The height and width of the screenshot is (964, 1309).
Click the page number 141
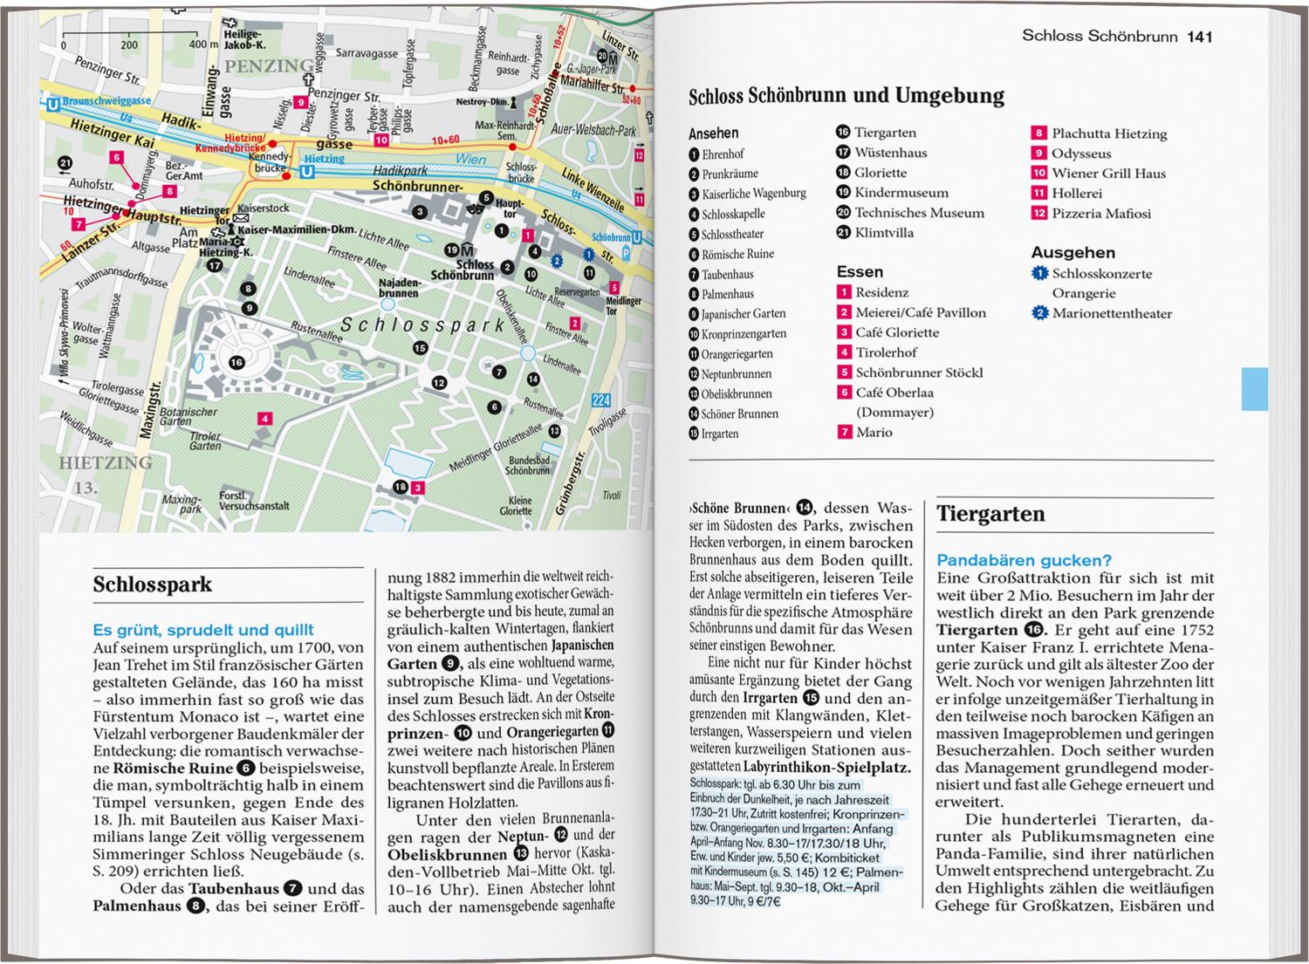tap(1199, 37)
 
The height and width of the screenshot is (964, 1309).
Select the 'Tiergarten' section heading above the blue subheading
tap(990, 514)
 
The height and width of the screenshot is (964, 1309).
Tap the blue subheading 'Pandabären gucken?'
tap(1024, 560)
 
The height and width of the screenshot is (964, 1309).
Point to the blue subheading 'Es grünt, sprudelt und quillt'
tap(202, 630)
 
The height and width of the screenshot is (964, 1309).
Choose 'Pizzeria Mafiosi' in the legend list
tap(1100, 214)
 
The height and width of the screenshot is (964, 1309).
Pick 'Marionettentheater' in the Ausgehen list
tap(1112, 314)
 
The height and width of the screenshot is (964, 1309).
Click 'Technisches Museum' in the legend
tap(919, 213)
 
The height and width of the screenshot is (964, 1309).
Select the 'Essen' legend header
tap(860, 272)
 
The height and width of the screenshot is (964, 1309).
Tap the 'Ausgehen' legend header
tap(1073, 253)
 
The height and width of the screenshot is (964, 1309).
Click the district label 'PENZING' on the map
tap(269, 66)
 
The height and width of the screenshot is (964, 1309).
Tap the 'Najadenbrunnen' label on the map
tap(399, 289)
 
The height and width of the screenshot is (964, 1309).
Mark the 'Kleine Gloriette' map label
tap(520, 506)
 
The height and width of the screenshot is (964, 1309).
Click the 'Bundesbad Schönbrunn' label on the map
tap(529, 465)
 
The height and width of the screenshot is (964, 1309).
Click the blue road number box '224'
tap(600, 400)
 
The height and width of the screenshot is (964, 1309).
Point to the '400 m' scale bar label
tap(202, 44)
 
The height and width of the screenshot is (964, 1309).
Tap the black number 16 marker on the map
tap(236, 362)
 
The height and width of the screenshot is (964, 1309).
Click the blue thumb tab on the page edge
tap(1254, 389)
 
